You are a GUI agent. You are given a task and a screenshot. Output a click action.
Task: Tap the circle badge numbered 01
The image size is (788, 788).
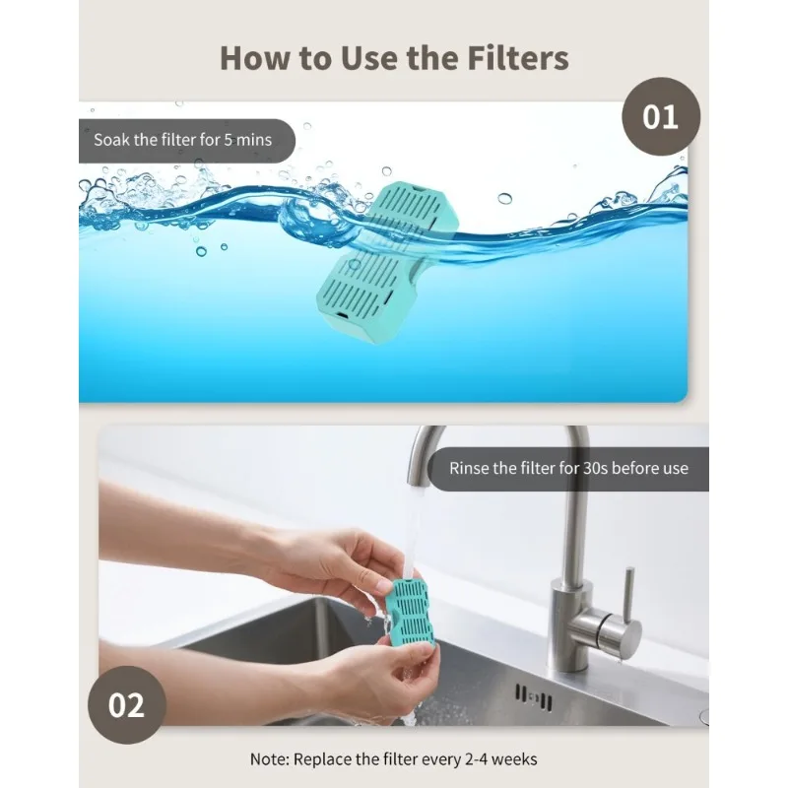(x=660, y=117)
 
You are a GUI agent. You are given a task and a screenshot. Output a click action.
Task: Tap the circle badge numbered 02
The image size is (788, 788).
(x=126, y=704)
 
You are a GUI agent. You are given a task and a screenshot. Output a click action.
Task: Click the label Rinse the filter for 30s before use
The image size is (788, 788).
(x=568, y=468)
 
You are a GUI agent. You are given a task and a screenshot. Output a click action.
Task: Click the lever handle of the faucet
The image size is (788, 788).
(x=625, y=601)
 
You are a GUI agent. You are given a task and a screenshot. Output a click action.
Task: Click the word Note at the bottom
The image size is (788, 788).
(x=270, y=759)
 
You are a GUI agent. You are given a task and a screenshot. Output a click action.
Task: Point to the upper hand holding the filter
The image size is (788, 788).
(x=325, y=561)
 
